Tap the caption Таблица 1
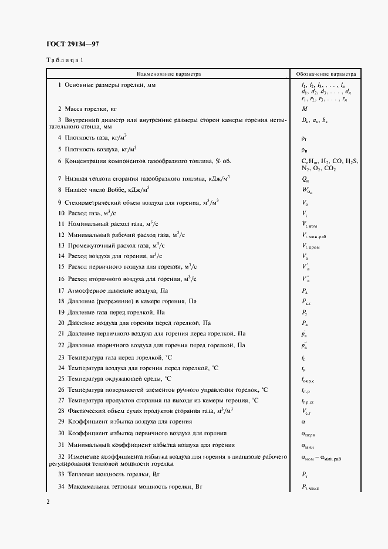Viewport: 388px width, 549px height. (65, 61)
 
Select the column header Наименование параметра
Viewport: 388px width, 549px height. (168, 74)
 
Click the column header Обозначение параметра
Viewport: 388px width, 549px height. (326, 74)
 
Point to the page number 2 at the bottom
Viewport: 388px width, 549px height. (48, 501)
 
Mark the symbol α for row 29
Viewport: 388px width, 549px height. (303, 421)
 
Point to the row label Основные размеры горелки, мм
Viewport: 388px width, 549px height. (110, 86)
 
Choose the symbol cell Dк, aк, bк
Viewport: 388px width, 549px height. (314, 121)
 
